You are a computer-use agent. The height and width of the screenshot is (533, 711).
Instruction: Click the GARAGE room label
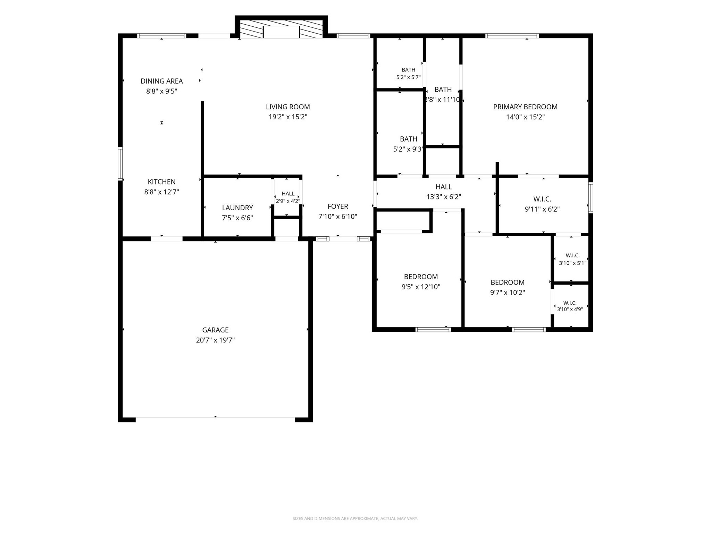pos(215,330)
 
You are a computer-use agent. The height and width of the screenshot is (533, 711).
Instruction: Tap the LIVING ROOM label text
pos(288,107)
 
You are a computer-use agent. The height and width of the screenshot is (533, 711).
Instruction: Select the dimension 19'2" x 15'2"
pos(288,117)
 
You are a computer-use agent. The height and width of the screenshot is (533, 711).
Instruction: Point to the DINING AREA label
pos(161,81)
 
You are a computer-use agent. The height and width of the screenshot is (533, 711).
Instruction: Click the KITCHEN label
pos(161,182)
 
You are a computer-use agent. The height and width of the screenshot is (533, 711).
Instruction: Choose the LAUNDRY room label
pos(237,208)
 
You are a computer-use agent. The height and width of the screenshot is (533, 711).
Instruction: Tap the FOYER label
pos(338,206)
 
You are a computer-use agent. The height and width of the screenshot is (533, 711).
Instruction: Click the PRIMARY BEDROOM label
pos(525,107)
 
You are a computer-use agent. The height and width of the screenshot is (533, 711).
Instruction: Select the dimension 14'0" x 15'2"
pos(525,117)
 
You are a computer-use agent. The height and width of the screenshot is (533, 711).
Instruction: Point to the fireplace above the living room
pos(281,27)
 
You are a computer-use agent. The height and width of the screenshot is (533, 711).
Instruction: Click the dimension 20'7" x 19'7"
pos(215,340)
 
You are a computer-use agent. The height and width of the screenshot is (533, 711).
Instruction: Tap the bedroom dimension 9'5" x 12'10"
pos(421,287)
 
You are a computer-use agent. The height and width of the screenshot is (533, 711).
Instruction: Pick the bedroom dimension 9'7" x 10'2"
pos(507,293)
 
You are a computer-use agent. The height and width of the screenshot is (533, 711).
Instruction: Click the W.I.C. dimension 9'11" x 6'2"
pos(542,209)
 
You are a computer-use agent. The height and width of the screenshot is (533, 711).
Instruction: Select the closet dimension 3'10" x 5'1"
pos(572,263)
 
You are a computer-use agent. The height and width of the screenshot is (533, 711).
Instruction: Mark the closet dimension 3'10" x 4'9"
pos(570,309)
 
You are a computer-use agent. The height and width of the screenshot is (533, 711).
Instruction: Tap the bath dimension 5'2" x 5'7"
pos(408,77)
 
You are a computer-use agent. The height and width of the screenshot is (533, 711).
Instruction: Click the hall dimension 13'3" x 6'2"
pos(444,197)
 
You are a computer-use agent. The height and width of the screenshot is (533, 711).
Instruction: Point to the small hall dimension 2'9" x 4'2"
pos(288,201)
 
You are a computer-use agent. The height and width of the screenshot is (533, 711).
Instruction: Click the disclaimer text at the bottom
pos(355,518)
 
